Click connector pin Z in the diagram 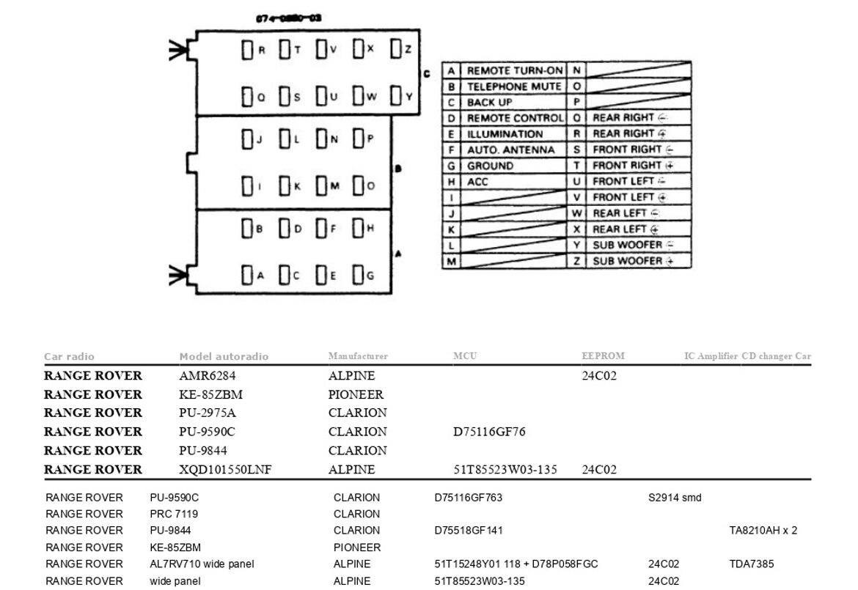pyautogui.click(x=396, y=50)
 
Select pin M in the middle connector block pyautogui.click(x=321, y=186)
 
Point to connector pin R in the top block pyautogui.click(x=247, y=50)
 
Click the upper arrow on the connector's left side pyautogui.click(x=177, y=50)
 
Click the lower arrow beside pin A pyautogui.click(x=177, y=276)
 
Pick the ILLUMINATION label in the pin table pyautogui.click(x=505, y=134)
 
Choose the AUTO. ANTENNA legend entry pyautogui.click(x=511, y=150)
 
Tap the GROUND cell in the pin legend pyautogui.click(x=491, y=166)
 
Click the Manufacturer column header pyautogui.click(x=358, y=356)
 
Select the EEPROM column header pyautogui.click(x=603, y=356)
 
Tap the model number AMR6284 pyautogui.click(x=205, y=376)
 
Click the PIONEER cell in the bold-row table pyautogui.click(x=356, y=394)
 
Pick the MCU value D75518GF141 pyautogui.click(x=469, y=531)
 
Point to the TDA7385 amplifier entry pyautogui.click(x=751, y=564)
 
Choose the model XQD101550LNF pyautogui.click(x=225, y=470)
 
